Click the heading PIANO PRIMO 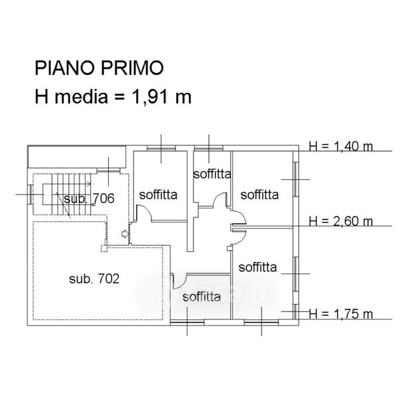pyautogui.click(x=99, y=68)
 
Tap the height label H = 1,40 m pyautogui.click(x=341, y=146)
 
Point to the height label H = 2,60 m pyautogui.click(x=341, y=221)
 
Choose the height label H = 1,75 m pyautogui.click(x=341, y=314)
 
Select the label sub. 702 pyautogui.click(x=93, y=279)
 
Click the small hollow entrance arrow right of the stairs pyautogui.click(x=125, y=234)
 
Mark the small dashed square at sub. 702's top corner pyautogui.click(x=103, y=249)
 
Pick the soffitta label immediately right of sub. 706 pyautogui.click(x=158, y=195)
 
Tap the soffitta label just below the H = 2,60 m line pyautogui.click(x=258, y=267)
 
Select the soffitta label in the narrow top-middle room pyautogui.click(x=212, y=174)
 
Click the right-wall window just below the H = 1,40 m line pyautogui.click(x=295, y=178)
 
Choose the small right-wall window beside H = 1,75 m pyautogui.click(x=295, y=313)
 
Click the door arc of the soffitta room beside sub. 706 pyautogui.click(x=143, y=214)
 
